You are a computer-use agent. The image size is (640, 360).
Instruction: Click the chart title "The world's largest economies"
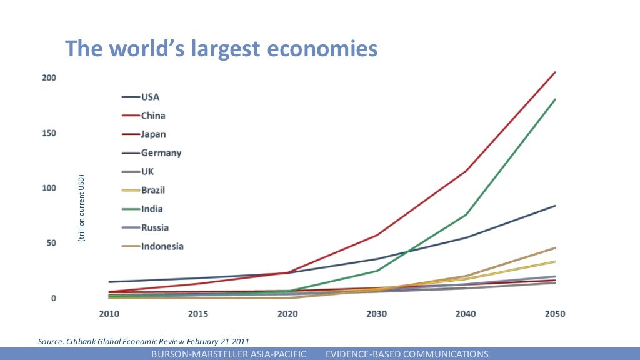tap(222, 48)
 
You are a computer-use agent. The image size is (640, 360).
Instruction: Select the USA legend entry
tap(150, 97)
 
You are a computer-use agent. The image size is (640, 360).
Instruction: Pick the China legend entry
tap(153, 116)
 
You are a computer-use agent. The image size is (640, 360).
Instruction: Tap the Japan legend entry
tap(153, 134)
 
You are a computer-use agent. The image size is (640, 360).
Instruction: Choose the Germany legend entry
tap(161, 152)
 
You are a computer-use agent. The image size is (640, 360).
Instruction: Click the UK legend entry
tap(147, 171)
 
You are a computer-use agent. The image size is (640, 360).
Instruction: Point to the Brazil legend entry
tap(153, 190)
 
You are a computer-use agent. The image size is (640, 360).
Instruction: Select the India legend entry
tap(152, 209)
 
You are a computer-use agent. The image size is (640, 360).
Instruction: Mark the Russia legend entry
tap(154, 227)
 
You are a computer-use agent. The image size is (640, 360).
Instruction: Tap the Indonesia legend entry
tap(162, 246)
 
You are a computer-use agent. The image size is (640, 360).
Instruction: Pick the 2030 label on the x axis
tap(376, 314)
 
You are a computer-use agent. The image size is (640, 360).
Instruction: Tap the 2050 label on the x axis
tap(554, 314)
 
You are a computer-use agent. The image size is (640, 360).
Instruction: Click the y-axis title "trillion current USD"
tap(81, 208)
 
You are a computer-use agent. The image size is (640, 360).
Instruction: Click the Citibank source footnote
tap(144, 341)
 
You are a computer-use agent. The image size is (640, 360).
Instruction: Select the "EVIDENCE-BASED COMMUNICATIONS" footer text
tap(407, 354)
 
